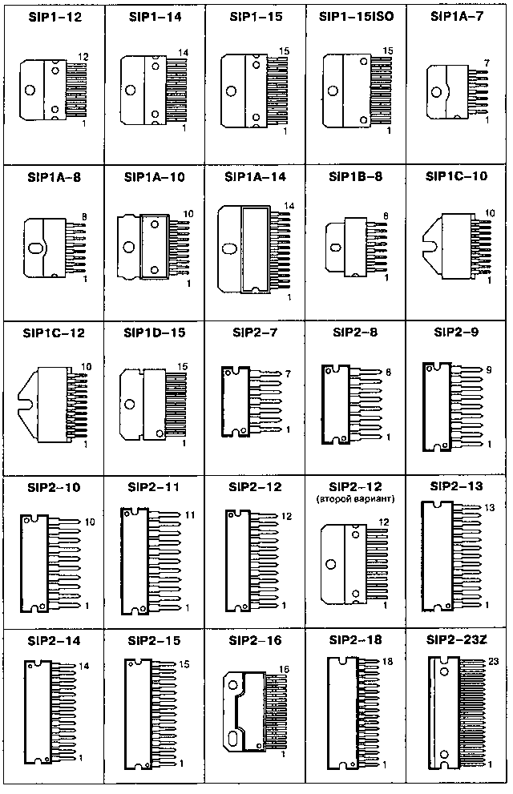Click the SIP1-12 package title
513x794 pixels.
pos(55,17)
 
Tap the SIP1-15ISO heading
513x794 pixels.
pos(356,17)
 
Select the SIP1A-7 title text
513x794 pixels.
pos(457,16)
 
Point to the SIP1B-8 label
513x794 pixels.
pos(356,177)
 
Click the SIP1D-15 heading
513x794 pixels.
pos(155,333)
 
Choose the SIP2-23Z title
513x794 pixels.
pos(457,640)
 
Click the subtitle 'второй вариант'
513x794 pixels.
pos(356,499)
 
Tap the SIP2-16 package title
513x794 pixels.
pos(255,640)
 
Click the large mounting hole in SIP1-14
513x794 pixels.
pos(131,90)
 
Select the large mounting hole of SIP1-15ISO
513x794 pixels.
pos(333,91)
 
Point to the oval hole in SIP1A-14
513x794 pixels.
pos(230,248)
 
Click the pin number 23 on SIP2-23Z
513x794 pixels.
pos(494,661)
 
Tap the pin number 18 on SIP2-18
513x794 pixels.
pos(387,661)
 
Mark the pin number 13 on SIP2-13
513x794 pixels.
pos(490,507)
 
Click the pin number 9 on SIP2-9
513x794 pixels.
pos(489,370)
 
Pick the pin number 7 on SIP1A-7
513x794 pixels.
pos(487,63)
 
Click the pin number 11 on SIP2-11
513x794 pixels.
pos(190,515)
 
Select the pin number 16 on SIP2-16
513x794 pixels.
pos(284,670)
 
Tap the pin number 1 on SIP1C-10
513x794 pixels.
pos(489,280)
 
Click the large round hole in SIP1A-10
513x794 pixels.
pos(129,247)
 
